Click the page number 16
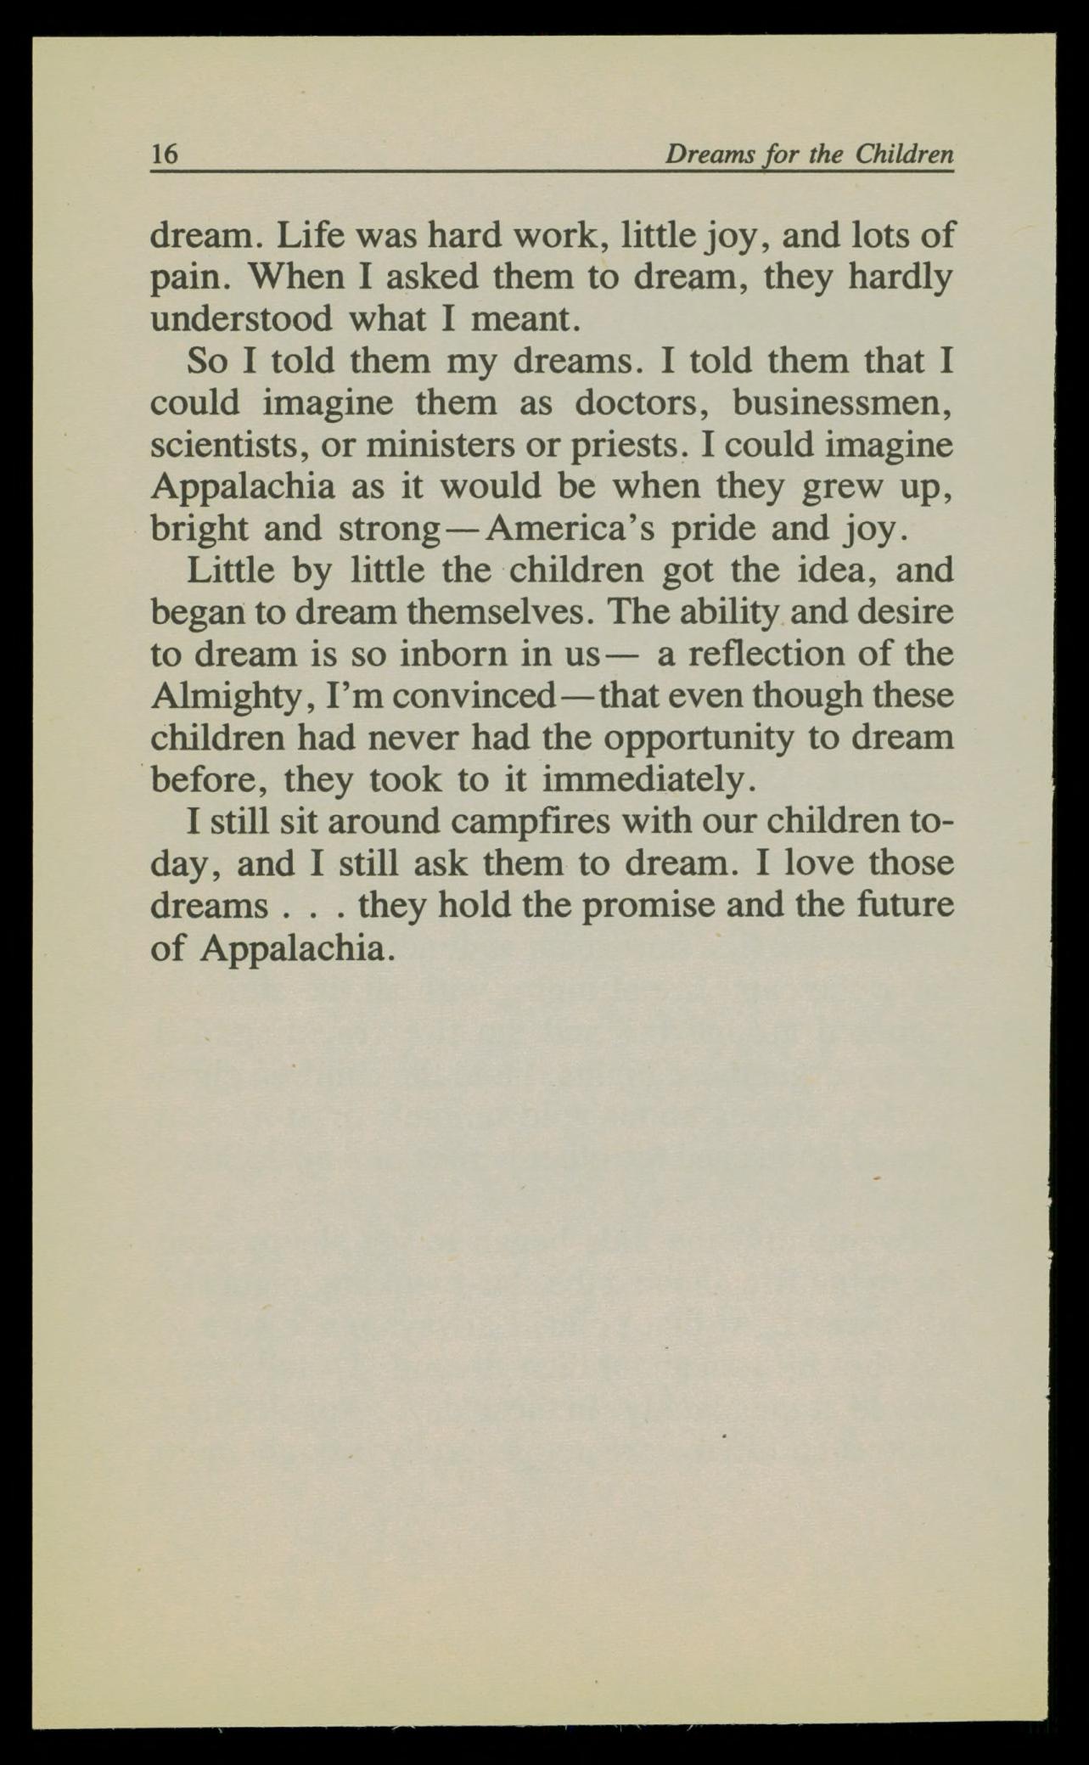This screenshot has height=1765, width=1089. tap(164, 154)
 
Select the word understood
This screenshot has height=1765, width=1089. tap(241, 319)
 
